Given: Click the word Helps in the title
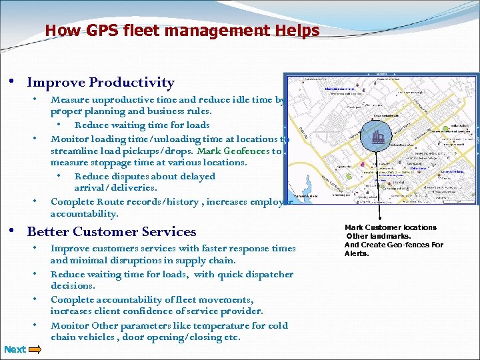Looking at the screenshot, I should pos(296,31).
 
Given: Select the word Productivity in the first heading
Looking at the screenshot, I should pos(132,83).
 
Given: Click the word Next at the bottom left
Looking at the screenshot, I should pos(15,349).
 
